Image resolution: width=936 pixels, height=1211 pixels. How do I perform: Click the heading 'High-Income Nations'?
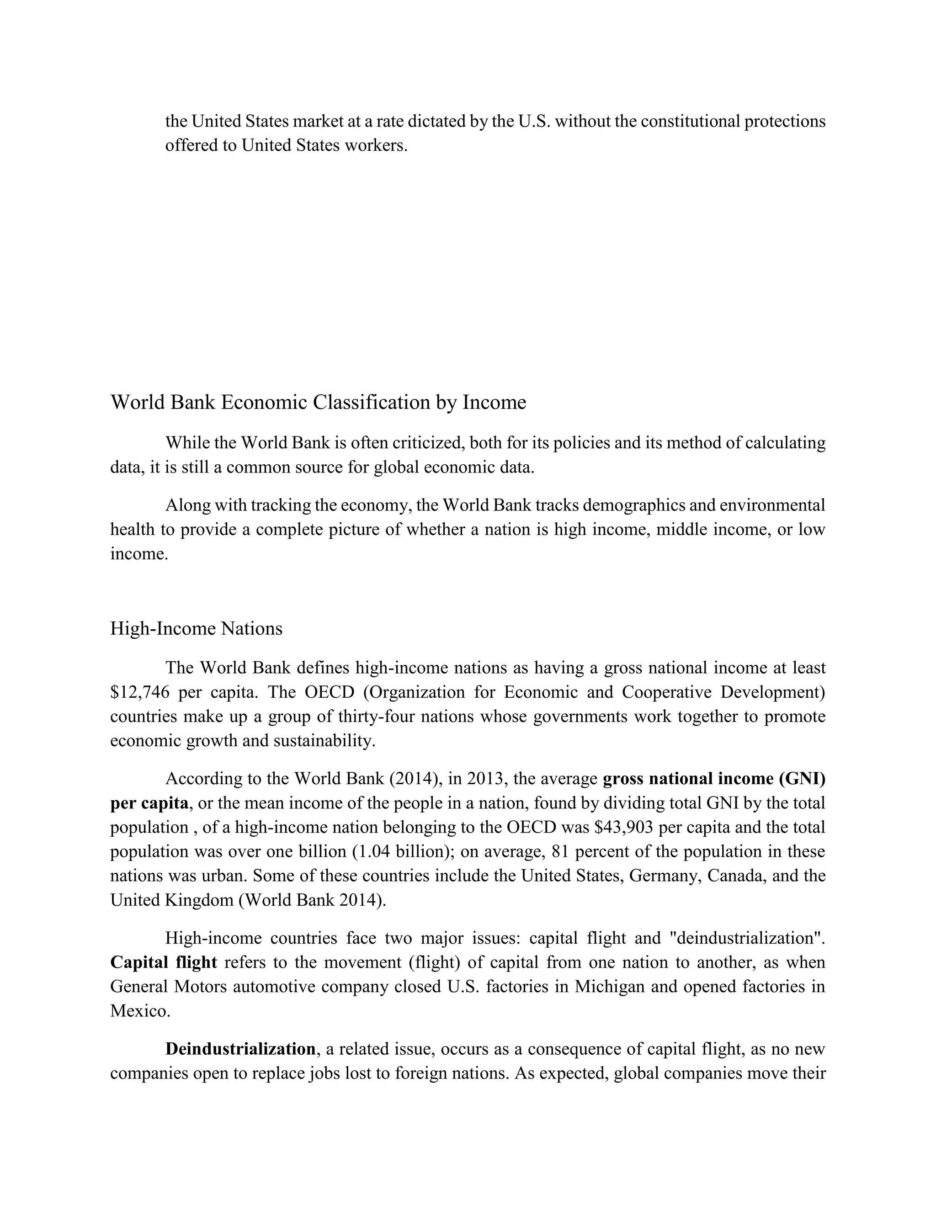click(x=196, y=629)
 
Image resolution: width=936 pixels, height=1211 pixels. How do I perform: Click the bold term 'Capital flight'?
click(x=164, y=962)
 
